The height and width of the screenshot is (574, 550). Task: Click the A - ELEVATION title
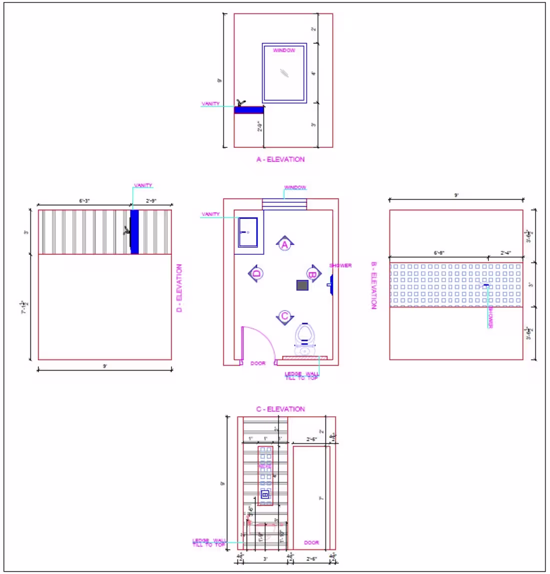coord(280,159)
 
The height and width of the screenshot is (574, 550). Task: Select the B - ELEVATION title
coord(373,285)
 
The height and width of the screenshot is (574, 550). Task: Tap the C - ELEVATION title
coord(280,409)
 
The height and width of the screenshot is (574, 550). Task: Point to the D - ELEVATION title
coord(179,288)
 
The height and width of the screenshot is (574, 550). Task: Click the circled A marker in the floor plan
coord(284,244)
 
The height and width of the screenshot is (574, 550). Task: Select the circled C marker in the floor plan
coord(284,316)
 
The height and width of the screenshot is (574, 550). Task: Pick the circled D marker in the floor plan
coord(256,273)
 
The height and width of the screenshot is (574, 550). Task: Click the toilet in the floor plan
coord(304,340)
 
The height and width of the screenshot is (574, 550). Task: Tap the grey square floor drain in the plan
coord(302,285)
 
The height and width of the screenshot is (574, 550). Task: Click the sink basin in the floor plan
coord(248,232)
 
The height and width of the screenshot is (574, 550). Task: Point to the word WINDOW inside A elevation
coord(284,50)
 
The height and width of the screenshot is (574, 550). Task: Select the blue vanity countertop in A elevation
coord(249,110)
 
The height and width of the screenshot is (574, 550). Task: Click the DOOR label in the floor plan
coord(258,363)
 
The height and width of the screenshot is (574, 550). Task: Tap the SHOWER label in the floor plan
coord(340,265)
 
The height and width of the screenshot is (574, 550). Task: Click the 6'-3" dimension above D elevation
coord(84,201)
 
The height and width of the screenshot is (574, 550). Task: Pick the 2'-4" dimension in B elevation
coord(506,253)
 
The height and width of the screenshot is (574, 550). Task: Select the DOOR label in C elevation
coord(311,543)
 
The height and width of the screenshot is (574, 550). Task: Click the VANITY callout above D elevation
coord(143,185)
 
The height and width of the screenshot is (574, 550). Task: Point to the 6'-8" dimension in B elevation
coord(438,253)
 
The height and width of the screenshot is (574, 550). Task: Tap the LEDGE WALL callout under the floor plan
coord(301,376)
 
